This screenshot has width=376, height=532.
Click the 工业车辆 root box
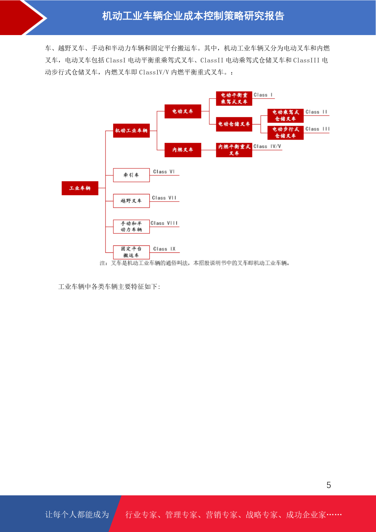pos(80,188)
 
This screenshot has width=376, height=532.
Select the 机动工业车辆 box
pos(131,130)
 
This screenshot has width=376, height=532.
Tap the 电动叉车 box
pos(183,111)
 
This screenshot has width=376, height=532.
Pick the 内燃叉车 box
pos(183,150)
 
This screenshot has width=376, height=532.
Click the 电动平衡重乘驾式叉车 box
pos(234,98)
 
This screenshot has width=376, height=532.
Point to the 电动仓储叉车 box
pos(234,124)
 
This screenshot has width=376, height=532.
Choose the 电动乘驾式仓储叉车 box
pos(286,115)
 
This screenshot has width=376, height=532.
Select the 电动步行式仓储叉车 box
pos(286,132)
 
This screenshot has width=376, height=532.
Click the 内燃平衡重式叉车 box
pos(234,150)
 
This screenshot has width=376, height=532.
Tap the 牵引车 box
pos(131,175)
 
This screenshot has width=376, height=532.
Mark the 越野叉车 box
pos(131,201)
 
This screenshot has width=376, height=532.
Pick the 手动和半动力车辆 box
pos(131,227)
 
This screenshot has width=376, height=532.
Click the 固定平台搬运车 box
pos(131,252)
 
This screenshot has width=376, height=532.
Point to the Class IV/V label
pos(267,146)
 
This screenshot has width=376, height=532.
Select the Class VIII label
pos(164,223)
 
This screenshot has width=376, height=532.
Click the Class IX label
pos(164,249)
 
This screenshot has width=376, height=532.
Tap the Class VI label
pos(164,172)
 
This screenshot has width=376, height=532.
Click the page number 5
pos(329,485)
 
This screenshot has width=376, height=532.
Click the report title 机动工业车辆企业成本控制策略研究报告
pos(193,16)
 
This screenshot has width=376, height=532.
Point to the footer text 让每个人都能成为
pos(77,514)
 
